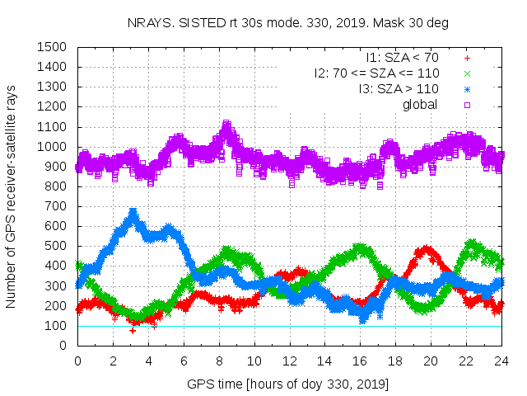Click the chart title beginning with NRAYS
click(x=289, y=23)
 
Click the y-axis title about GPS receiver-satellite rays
click(x=12, y=196)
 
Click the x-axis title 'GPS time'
click(x=288, y=384)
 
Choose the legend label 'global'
click(x=420, y=104)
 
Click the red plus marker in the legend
click(x=467, y=59)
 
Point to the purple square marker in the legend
click(x=467, y=104)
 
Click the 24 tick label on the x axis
click(x=501, y=361)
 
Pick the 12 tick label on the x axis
click(x=289, y=361)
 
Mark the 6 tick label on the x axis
click(x=184, y=361)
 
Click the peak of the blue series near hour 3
click(x=133, y=213)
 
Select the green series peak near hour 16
click(x=359, y=246)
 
